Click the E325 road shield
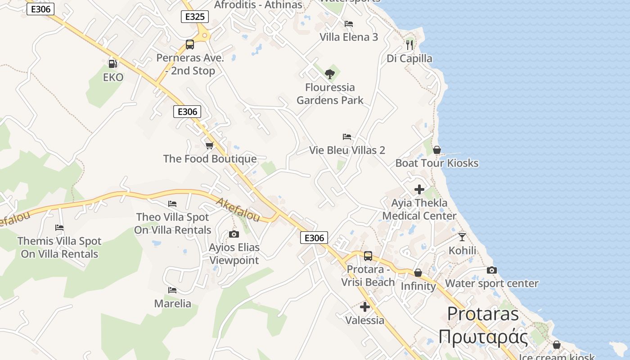coord(195,17)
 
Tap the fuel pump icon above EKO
coord(112,64)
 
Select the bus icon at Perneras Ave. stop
coord(190,45)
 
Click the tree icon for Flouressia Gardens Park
coord(330,74)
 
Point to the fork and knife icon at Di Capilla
coord(409,45)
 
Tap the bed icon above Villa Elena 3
coord(349,24)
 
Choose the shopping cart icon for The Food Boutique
coord(209,145)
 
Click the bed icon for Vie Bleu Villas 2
coord(347,136)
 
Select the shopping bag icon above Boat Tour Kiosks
coord(436,150)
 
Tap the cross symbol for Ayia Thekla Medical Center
coord(419,189)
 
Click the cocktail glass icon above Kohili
coord(462,237)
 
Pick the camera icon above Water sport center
coord(492,270)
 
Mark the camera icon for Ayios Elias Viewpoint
coord(234,234)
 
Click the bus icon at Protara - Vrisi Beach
coord(368,256)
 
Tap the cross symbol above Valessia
coord(365,307)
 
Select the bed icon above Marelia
coord(172,290)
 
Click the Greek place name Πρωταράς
coord(483,337)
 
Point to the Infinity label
coord(418,286)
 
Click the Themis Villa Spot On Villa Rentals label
coord(59,247)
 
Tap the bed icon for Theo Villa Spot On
coord(172,204)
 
